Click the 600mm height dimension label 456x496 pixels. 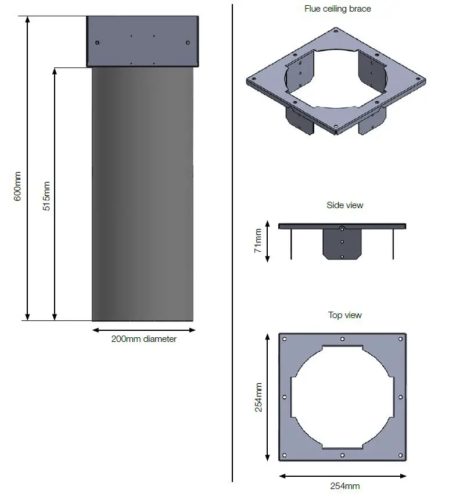click(x=17, y=186)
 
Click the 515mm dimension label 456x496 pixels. click(x=46, y=196)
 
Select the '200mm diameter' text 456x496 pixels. click(x=143, y=339)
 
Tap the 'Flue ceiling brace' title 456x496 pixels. click(x=337, y=9)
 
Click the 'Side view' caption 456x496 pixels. click(x=344, y=205)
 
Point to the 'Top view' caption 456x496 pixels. click(x=344, y=315)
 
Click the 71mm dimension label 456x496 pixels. click(x=258, y=241)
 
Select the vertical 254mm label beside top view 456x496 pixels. click(x=258, y=397)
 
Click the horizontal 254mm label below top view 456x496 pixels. click(x=344, y=486)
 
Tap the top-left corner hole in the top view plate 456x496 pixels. click(x=285, y=339)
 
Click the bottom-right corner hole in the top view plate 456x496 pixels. click(x=400, y=455)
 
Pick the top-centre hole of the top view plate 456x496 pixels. click(x=343, y=339)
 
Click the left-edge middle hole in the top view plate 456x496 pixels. click(x=284, y=397)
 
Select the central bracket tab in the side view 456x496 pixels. click(x=342, y=244)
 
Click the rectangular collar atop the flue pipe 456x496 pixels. click(x=143, y=41)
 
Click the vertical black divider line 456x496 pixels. click(x=232, y=244)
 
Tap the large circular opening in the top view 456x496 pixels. click(x=343, y=397)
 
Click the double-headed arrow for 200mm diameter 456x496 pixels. click(x=143, y=330)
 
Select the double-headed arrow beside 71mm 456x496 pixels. click(x=267, y=241)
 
